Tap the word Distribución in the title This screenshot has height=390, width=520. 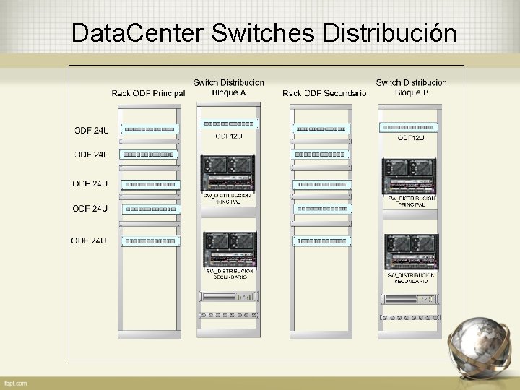[391, 33]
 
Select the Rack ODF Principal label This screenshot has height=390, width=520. [148, 93]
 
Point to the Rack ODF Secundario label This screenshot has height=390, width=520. [324, 93]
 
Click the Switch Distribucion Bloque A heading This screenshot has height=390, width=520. [229, 87]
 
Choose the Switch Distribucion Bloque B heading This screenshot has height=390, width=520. [412, 87]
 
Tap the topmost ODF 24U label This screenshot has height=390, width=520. [92, 130]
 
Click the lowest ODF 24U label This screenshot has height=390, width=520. [90, 240]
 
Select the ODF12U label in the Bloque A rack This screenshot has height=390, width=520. [229, 135]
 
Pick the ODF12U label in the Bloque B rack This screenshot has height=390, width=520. [412, 137]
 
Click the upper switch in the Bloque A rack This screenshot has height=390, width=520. [228, 173]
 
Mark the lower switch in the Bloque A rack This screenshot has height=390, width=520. [229, 249]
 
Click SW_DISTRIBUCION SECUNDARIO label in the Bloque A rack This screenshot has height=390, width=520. [229, 274]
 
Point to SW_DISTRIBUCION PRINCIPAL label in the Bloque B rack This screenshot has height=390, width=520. [412, 201]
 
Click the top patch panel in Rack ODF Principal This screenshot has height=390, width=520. [149, 129]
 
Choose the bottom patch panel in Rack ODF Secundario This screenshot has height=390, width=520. [321, 240]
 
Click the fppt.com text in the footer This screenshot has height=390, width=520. [15, 383]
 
